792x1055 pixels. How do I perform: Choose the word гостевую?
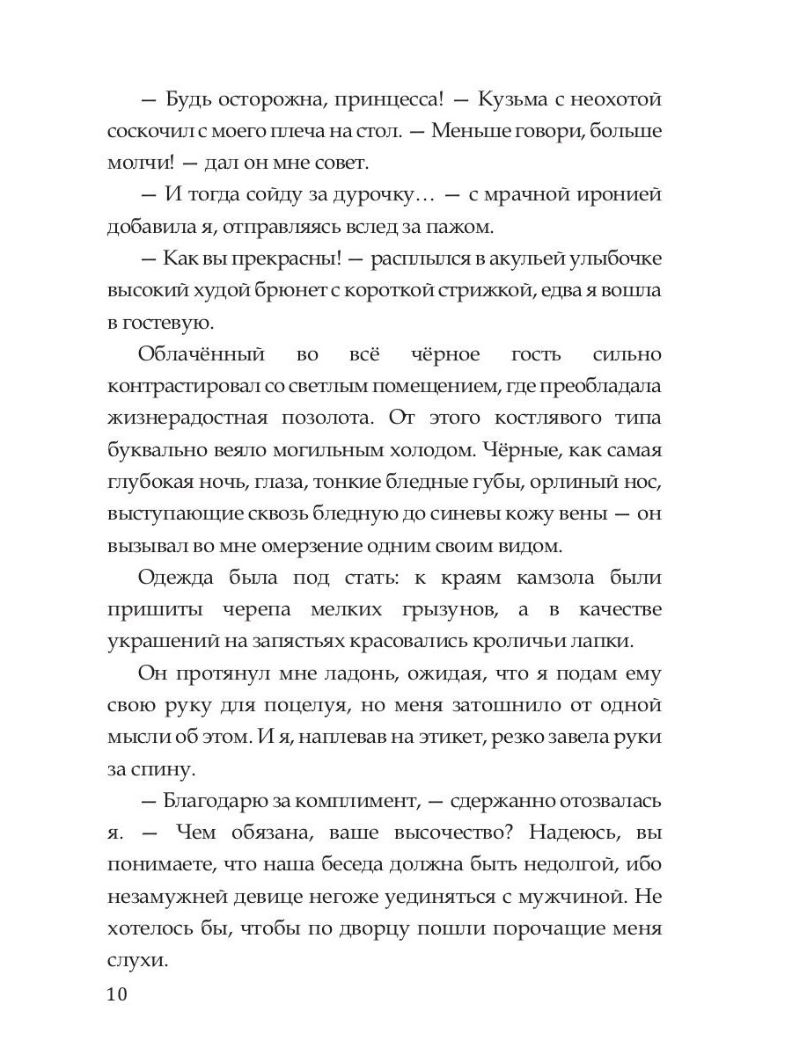click(x=162, y=322)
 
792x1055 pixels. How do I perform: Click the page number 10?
click(x=118, y=995)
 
